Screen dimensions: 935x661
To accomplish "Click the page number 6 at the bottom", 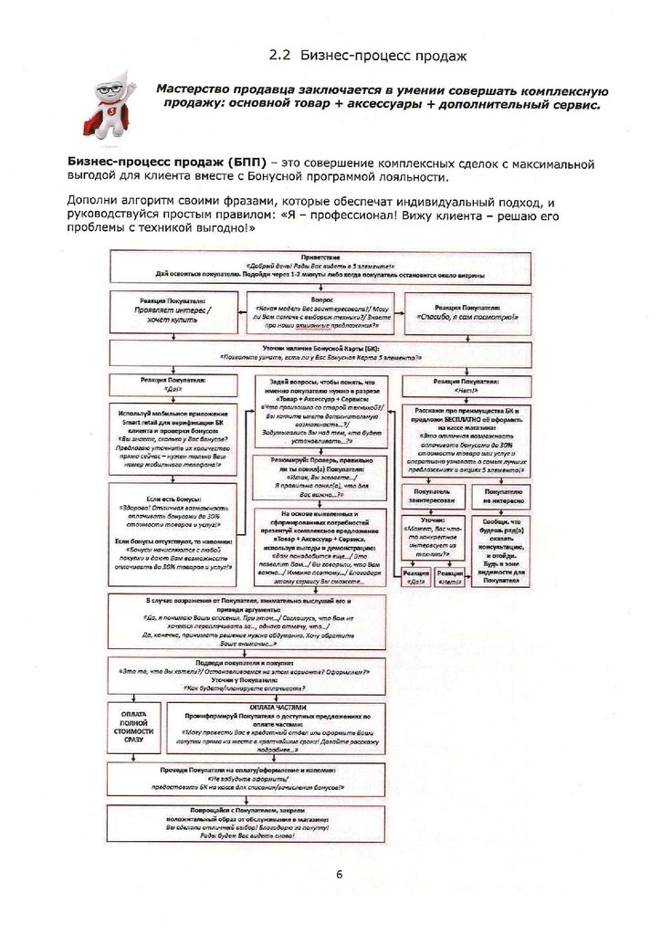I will [x=339, y=875].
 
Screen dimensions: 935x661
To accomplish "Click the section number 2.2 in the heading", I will [x=278, y=56].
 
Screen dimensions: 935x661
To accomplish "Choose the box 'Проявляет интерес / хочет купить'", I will [x=173, y=312].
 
